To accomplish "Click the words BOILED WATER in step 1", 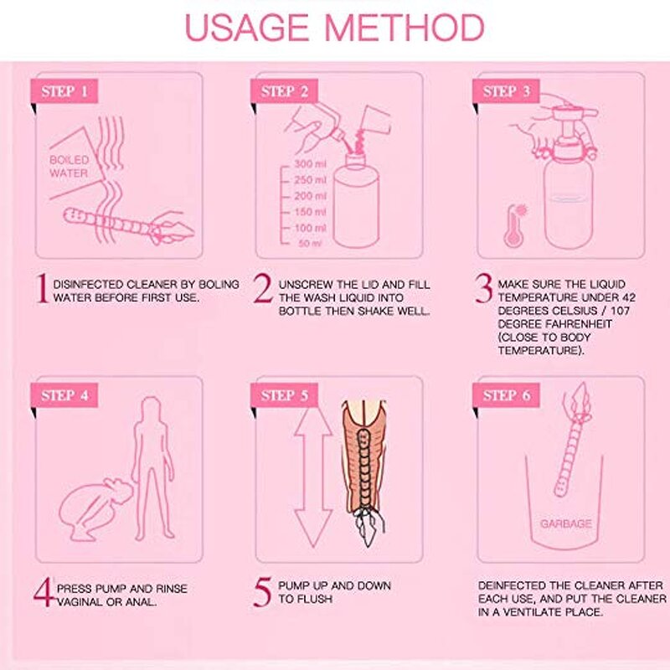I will pos(69,167).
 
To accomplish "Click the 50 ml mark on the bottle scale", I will pos(309,244).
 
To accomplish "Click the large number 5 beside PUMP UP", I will pos(263,591).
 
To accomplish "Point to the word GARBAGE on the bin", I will pos(565,523).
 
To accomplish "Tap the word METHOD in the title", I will pos(405,27).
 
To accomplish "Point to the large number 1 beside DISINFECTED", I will pos(42,290).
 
